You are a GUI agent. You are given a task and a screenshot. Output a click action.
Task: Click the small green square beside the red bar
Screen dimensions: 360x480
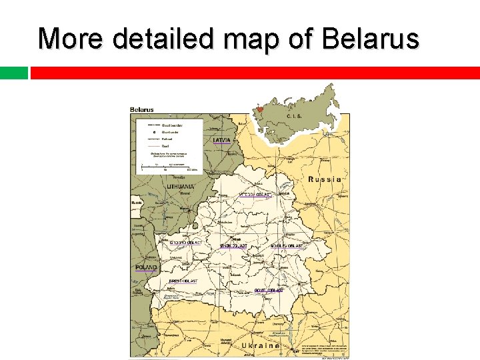13,73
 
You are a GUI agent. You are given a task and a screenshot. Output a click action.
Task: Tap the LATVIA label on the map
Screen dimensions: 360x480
222,141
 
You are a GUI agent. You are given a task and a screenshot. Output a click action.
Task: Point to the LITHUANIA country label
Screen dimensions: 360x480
181,187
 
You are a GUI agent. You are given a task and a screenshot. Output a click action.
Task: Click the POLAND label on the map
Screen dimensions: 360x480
147,267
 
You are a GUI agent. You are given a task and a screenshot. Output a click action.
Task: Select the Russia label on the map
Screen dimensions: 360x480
325,179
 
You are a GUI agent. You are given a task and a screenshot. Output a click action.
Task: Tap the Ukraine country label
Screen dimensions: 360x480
260,347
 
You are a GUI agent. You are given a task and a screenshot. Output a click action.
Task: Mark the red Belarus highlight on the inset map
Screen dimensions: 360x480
260,109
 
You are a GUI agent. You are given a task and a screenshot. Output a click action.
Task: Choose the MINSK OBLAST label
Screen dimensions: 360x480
233,246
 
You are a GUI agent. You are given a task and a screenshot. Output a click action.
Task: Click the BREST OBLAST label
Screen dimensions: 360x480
183,281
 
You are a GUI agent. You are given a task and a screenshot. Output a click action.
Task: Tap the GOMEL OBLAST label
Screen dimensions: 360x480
269,291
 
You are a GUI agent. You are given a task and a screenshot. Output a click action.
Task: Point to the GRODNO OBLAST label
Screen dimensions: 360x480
185,242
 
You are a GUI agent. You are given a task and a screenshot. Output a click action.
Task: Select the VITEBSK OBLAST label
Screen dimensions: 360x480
255,195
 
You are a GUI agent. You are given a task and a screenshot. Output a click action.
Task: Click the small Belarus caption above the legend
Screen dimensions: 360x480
141,110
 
